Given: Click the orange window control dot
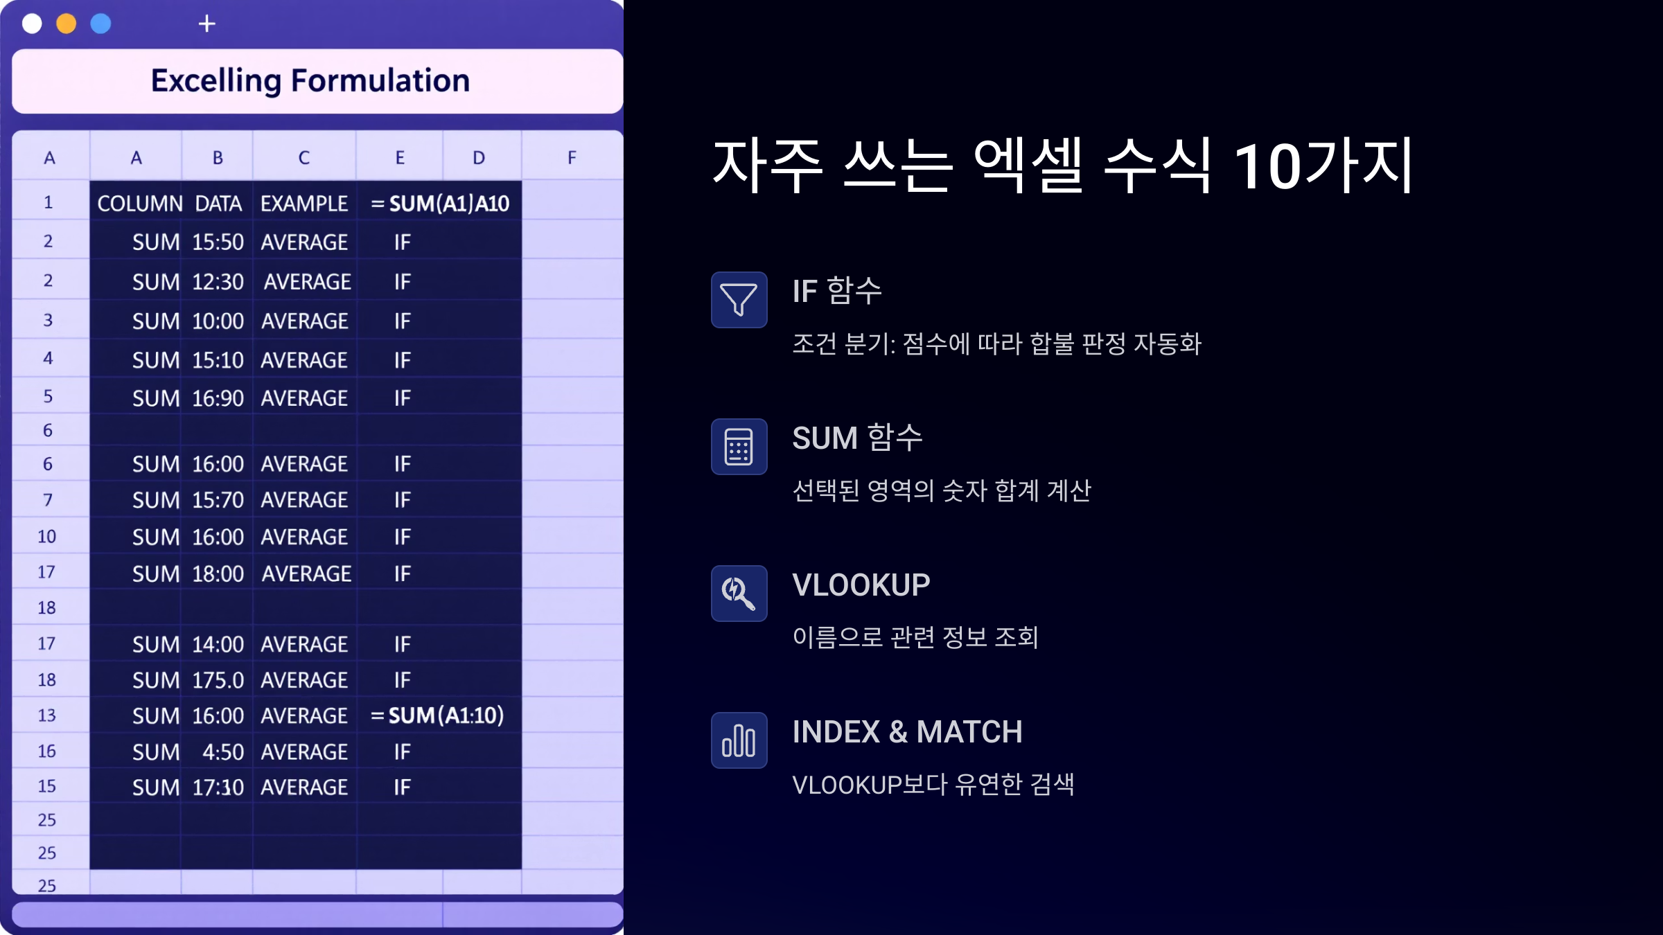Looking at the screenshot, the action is [67, 24].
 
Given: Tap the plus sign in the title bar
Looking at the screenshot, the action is [206, 24].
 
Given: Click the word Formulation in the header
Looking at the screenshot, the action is [380, 80].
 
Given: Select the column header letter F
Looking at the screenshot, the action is [572, 157].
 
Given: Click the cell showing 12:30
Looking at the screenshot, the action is [218, 281].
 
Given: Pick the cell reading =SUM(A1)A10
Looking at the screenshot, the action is [440, 203].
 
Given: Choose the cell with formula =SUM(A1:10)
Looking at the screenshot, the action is [437, 715].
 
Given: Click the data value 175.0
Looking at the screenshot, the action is [218, 679].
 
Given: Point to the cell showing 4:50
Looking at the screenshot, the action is [223, 751].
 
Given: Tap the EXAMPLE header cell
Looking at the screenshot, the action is [304, 203].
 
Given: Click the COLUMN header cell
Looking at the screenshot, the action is [140, 203].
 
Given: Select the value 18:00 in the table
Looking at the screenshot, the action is [218, 573].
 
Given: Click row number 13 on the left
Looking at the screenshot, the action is [46, 715].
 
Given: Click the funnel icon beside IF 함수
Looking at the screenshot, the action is [739, 299].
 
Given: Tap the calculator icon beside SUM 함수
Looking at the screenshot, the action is [739, 446].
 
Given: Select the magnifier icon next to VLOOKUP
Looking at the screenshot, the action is [739, 593].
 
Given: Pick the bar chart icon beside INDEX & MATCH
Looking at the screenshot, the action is [739, 740].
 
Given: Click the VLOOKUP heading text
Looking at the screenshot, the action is [861, 585].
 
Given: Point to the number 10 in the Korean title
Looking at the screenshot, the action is [1267, 166].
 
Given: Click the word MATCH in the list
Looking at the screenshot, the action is [969, 731].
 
